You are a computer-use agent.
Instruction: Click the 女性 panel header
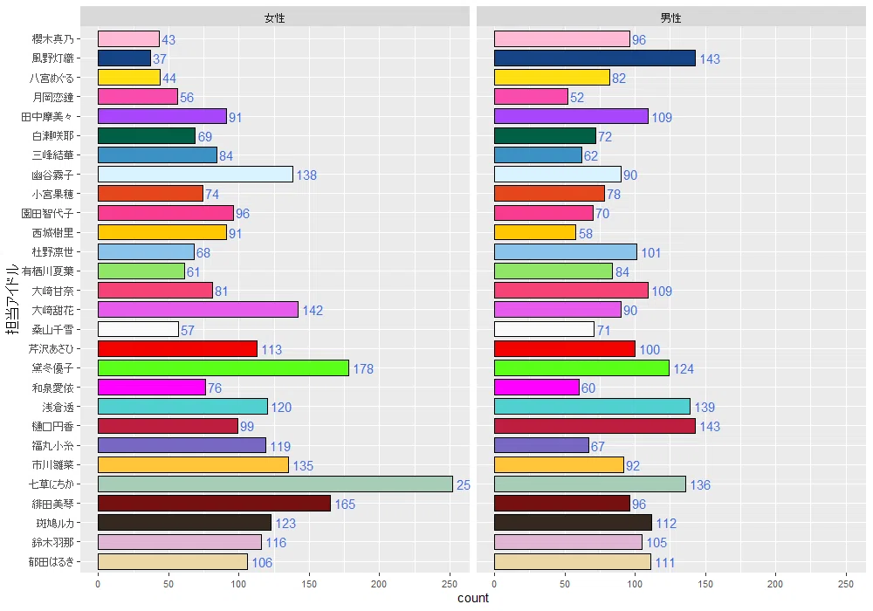275,17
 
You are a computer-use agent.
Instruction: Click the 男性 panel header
671,17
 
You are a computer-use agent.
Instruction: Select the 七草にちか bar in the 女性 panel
275,484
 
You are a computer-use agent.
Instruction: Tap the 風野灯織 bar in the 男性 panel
595,58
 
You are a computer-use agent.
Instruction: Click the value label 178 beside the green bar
363,369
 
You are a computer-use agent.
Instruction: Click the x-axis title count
473,599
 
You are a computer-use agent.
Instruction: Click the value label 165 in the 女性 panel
345,505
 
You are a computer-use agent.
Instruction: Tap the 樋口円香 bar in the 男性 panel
595,426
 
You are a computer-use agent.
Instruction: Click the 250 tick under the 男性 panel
846,582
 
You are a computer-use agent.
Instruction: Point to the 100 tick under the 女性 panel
238,582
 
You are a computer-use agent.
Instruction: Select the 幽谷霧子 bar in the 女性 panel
195,175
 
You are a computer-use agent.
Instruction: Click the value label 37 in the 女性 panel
160,59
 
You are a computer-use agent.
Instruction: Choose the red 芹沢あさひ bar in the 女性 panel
177,349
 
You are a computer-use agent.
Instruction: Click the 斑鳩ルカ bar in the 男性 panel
573,523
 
